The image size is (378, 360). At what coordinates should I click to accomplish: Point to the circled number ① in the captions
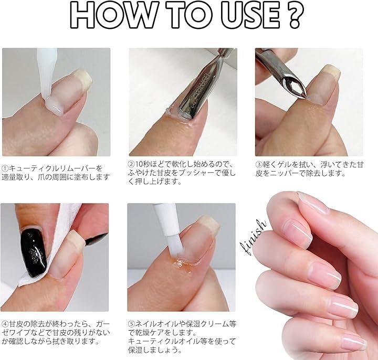tap(5, 168)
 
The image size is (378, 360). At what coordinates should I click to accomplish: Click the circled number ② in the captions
tap(131, 164)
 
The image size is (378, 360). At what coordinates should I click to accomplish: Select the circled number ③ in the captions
tap(258, 165)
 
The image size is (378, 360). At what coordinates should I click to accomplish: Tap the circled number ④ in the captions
tap(5, 323)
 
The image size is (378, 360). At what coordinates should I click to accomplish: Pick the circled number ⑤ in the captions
tap(131, 323)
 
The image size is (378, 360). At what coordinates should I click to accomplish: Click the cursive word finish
tap(253, 237)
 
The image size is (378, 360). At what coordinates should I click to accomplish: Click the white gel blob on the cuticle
tap(56, 108)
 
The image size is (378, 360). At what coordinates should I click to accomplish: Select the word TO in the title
tap(189, 15)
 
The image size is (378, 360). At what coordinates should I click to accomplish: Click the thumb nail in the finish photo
tap(313, 203)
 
